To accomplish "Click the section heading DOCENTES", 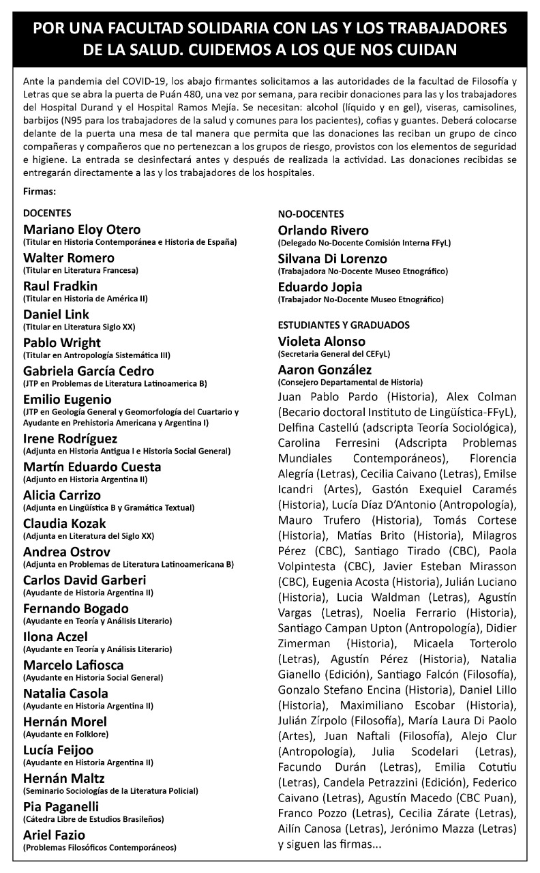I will pyautogui.click(x=47, y=213).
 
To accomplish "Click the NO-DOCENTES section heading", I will pyautogui.click(x=311, y=213).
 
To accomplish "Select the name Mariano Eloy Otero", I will pyautogui.click(x=82, y=229).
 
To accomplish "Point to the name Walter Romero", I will pyautogui.click(x=69, y=258).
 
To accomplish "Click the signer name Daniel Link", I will pyautogui.click(x=56, y=314).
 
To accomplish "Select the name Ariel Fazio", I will pyautogui.click(x=55, y=835).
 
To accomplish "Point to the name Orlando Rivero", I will pyautogui.click(x=323, y=231).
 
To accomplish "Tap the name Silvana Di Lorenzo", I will pyautogui.click(x=333, y=259).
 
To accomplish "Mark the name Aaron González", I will pyautogui.click(x=325, y=370).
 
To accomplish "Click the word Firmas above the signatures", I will pyautogui.click(x=40, y=192).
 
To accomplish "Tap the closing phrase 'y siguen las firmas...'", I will pyautogui.click(x=330, y=844).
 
